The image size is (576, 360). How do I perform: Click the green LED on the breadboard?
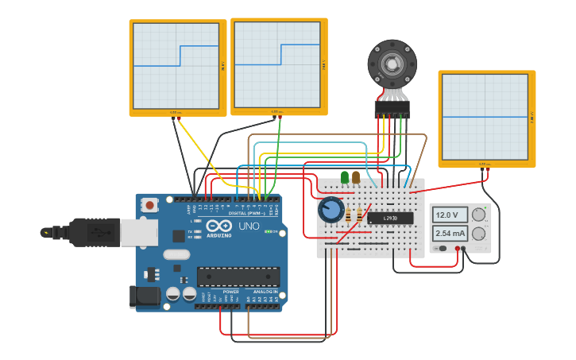point(344,177)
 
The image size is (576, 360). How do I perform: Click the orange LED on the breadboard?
point(355,177)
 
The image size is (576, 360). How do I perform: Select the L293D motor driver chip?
point(390,218)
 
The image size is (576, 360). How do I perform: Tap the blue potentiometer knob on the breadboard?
point(331,211)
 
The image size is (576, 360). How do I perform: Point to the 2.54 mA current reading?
point(450,234)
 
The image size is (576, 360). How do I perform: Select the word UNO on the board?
point(249,226)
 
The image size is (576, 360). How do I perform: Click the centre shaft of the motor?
point(392,64)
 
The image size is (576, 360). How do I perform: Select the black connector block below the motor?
point(392,108)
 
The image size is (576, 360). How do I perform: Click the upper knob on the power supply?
point(479,215)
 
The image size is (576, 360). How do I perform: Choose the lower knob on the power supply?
point(479,234)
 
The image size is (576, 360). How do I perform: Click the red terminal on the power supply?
point(458,249)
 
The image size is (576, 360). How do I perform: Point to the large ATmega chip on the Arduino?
point(238,276)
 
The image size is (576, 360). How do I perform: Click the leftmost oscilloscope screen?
point(176,66)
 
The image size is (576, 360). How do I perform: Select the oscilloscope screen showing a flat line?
point(485,117)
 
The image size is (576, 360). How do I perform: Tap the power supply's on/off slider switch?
point(441,249)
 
